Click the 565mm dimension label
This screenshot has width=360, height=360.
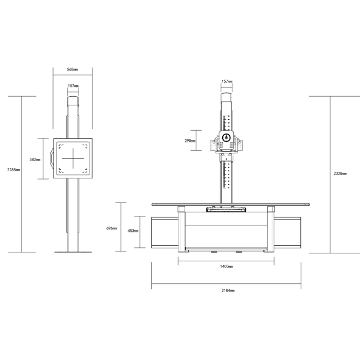pos(73,69)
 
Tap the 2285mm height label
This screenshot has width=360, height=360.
pos(13,170)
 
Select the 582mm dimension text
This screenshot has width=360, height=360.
pos(35,159)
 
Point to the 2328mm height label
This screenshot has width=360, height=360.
pos(340,174)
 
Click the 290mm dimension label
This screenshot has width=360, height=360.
pos(190,141)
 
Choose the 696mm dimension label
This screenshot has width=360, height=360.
pos(112,228)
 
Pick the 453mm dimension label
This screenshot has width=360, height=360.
pos(133,231)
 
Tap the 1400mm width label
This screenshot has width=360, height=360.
pos(226,266)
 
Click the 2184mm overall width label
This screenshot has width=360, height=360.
pos(228,291)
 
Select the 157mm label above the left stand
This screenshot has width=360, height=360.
pos(73,86)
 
